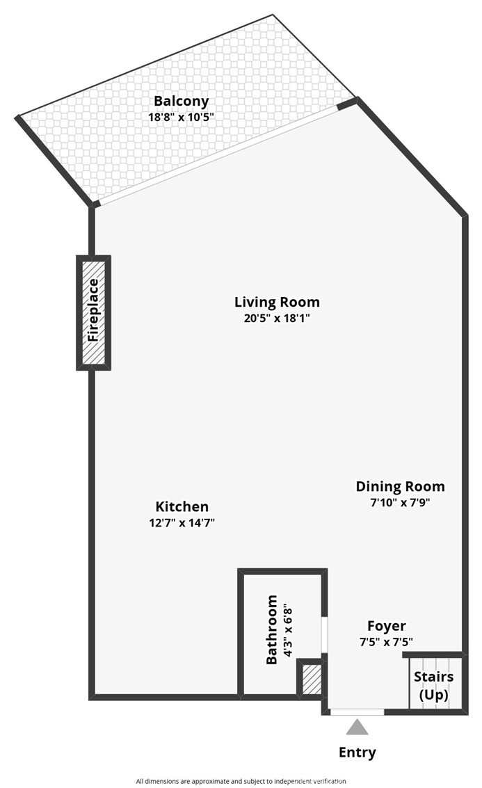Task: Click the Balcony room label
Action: point(181,101)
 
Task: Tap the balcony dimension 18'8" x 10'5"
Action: point(181,117)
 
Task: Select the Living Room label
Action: point(277,302)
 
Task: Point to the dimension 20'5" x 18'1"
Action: point(277,319)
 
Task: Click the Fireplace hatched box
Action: point(93,312)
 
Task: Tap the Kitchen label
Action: point(182,507)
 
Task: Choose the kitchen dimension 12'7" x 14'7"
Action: point(182,523)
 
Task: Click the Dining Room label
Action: point(400,487)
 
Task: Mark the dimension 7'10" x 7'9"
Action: point(400,503)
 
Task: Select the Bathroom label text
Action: point(272,629)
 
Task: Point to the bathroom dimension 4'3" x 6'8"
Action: point(288,629)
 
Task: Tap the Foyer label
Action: point(387,626)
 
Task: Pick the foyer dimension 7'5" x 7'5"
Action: point(387,642)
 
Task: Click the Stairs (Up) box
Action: point(434,685)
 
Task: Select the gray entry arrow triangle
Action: point(358,727)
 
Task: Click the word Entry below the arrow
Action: point(357,752)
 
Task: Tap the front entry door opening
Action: point(357,711)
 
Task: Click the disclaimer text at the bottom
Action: point(241,781)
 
